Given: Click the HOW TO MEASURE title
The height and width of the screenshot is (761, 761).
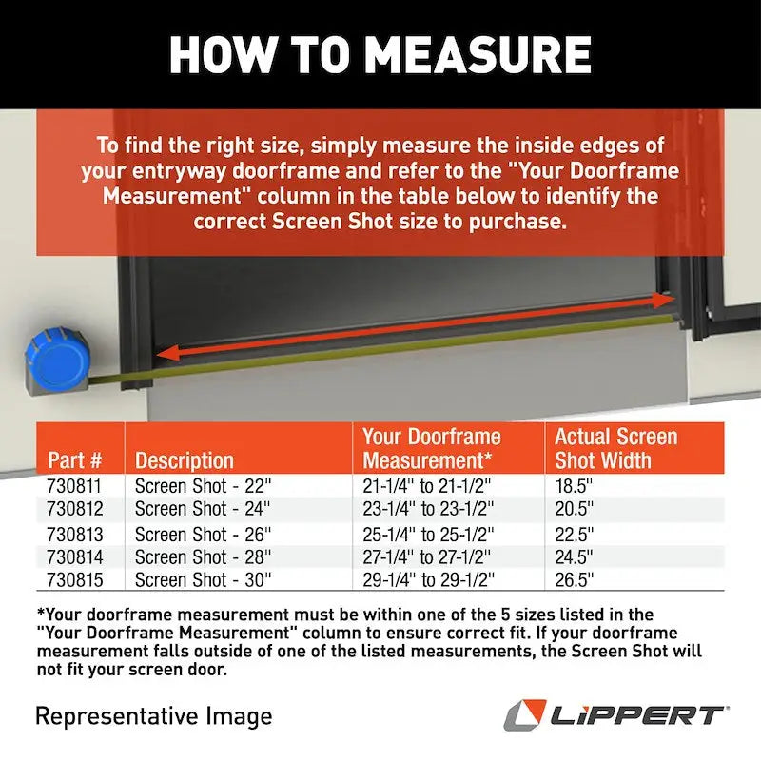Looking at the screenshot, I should pyautogui.click(x=380, y=54).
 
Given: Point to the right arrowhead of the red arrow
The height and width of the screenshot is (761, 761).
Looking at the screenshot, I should pyautogui.click(x=664, y=300).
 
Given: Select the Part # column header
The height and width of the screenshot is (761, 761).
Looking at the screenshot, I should pyautogui.click(x=75, y=461).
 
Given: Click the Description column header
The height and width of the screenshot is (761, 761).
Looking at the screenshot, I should pyautogui.click(x=185, y=461).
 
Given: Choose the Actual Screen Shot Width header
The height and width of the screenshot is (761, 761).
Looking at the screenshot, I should pyautogui.click(x=615, y=449).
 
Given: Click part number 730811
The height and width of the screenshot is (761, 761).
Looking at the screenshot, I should pyautogui.click(x=74, y=485).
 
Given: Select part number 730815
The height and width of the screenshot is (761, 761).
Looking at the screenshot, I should pyautogui.click(x=74, y=579).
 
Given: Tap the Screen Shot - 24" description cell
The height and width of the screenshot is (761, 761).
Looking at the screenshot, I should pyautogui.click(x=203, y=509).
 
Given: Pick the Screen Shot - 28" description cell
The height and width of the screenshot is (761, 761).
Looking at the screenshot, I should pyautogui.click(x=203, y=557).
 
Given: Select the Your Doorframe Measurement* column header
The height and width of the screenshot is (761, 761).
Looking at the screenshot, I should pyautogui.click(x=432, y=449).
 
